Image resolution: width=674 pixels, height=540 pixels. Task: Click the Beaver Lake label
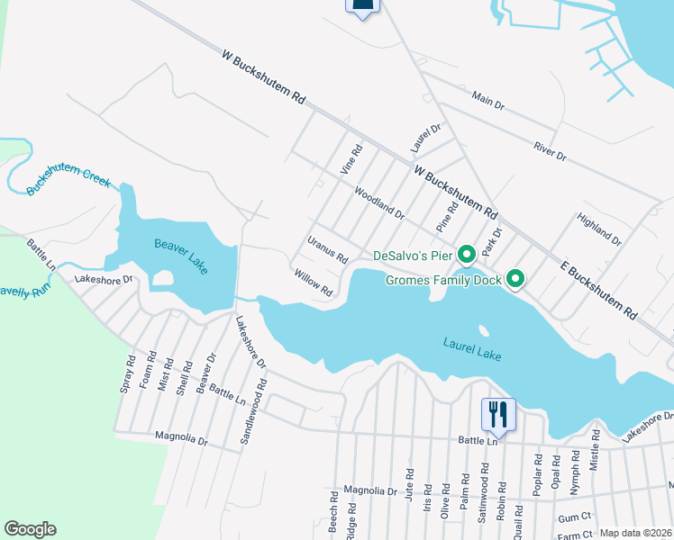pos(181,254)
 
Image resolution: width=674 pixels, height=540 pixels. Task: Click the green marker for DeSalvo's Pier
pos(467,256)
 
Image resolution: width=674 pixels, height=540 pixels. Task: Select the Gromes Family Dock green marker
pos(515,280)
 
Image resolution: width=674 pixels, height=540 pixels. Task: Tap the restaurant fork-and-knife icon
pos(498,415)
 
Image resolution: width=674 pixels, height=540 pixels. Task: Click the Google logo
pos(30,529)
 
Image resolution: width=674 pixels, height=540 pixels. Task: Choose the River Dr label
pos(549,150)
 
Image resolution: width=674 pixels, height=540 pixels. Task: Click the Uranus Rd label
pos(327,249)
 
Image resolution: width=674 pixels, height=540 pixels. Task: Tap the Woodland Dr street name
pos(379,202)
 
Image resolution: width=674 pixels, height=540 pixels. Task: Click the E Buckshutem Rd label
pos(598,292)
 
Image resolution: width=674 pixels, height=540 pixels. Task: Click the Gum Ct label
pos(573,518)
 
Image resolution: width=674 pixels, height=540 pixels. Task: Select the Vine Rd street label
pos(350,159)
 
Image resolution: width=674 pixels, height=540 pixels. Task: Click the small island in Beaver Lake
pos(162,278)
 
